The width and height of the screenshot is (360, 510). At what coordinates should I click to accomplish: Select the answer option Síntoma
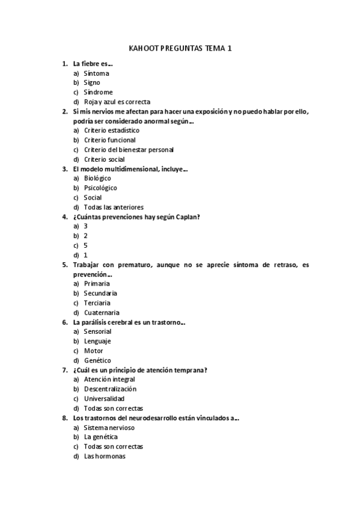point(96,73)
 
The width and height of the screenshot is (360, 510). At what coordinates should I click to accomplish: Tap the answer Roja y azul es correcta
point(117,102)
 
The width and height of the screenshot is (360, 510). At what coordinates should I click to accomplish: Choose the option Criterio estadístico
point(111,130)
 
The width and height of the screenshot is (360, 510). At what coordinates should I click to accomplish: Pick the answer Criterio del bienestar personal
point(129,149)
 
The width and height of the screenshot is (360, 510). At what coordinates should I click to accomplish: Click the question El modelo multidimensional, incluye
point(130,169)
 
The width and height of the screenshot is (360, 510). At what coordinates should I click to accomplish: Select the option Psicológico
point(100,188)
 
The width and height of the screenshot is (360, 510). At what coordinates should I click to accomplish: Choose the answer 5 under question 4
point(86,245)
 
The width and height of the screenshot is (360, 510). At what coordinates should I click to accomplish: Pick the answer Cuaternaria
point(102,312)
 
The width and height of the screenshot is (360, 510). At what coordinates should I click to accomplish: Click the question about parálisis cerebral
point(129,322)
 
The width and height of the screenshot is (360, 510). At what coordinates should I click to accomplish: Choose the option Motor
point(93,351)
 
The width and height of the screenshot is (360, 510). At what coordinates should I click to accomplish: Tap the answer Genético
point(97,360)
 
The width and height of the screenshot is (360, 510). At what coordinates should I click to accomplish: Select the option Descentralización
point(110,389)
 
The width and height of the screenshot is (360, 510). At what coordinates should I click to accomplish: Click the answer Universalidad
point(104,399)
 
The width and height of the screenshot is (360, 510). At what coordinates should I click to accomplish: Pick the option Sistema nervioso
point(109,427)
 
